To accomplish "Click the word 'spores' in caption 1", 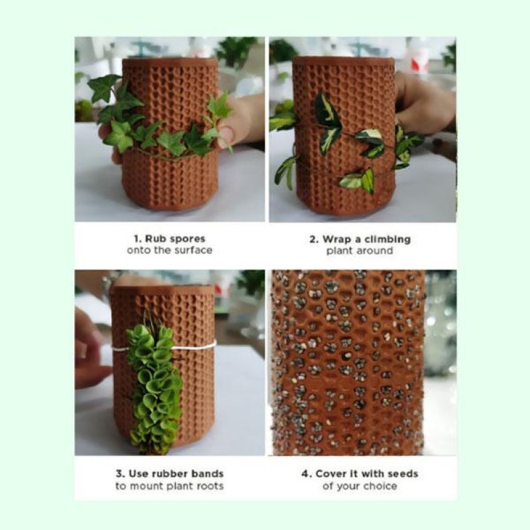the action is tap(187, 239).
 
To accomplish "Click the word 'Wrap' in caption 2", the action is tap(337, 239).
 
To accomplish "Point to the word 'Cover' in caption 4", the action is tap(329, 474).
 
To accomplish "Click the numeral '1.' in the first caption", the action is tap(138, 238).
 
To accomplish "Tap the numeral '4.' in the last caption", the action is tap(307, 474).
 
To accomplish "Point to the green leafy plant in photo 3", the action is tap(154, 389).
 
